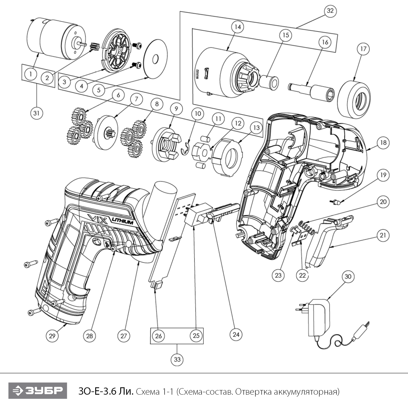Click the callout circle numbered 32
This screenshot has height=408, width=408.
coord(330,11)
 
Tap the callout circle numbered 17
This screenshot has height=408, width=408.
coord(363,49)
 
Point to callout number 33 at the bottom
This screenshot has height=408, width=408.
coord(177,359)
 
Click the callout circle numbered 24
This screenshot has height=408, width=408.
coord(236,334)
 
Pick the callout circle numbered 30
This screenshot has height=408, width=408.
coord(348,277)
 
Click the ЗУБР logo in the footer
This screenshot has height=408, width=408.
coord(38,391)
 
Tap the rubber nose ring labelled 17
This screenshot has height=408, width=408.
coord(354,99)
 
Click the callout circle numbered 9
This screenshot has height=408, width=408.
coord(176,109)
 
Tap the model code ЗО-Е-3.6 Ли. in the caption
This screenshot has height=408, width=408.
coord(106,392)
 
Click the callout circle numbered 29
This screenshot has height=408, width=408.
coord(52,336)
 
